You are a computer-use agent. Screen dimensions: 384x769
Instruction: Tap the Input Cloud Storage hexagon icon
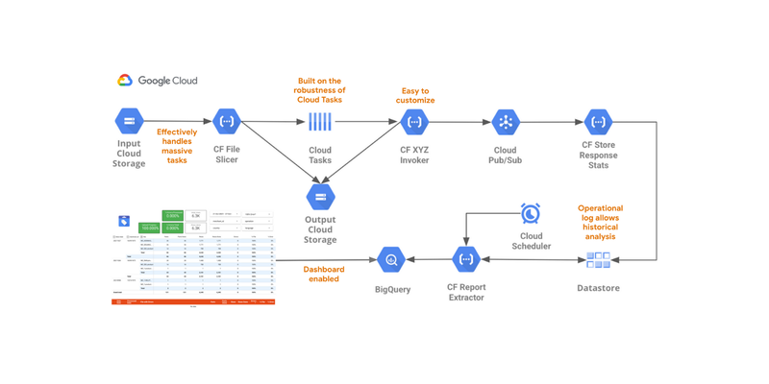click(129, 121)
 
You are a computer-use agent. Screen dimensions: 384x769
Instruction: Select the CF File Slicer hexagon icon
click(227, 121)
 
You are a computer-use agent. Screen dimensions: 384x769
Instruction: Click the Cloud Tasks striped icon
click(320, 122)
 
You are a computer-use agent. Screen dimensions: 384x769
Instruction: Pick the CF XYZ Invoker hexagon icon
click(414, 122)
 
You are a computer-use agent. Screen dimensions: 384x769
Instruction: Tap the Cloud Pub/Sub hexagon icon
click(506, 122)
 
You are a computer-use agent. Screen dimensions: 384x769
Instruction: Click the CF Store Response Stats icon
click(598, 122)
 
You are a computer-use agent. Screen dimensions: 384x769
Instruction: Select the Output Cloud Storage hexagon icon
click(320, 197)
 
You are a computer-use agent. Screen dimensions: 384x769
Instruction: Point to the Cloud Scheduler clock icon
click(530, 212)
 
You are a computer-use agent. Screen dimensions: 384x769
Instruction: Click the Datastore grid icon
click(598, 260)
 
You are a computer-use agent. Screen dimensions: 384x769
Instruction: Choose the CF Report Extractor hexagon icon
click(466, 259)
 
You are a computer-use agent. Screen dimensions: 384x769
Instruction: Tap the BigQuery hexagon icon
click(391, 259)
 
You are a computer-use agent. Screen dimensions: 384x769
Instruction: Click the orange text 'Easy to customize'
click(415, 95)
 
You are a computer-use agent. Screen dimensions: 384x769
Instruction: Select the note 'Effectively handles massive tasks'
click(177, 146)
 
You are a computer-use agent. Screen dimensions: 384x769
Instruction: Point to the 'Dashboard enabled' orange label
click(323, 275)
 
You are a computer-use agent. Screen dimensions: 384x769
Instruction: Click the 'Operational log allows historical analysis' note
click(600, 222)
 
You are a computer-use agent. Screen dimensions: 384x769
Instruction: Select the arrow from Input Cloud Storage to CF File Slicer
click(178, 121)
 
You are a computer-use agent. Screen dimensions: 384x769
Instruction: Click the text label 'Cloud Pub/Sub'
click(506, 155)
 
